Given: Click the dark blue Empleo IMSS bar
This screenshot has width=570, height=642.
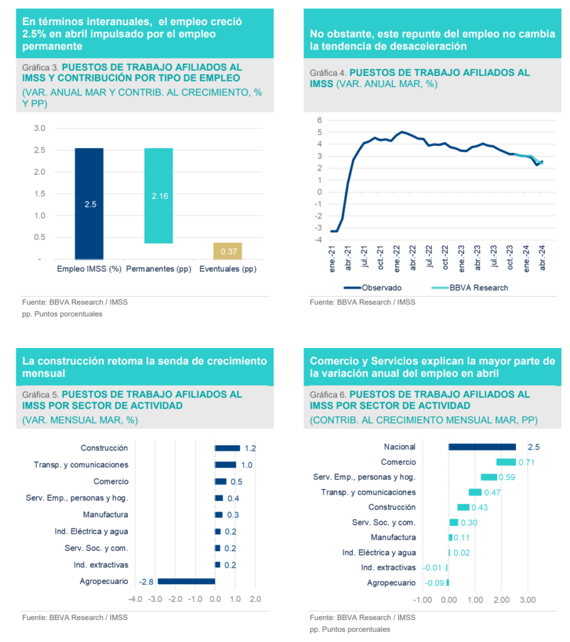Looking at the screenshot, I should click(x=89, y=203).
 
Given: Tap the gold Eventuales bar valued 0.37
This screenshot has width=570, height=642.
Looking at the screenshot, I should click(x=227, y=251).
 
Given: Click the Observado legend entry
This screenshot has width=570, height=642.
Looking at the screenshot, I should click(x=373, y=288).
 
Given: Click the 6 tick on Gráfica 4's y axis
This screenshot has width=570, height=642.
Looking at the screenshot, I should click(x=319, y=120).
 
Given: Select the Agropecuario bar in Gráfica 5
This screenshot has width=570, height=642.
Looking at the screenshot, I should click(x=186, y=581).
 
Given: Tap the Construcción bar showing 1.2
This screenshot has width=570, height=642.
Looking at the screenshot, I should click(x=227, y=448).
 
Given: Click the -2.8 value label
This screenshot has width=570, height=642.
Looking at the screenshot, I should click(x=147, y=581).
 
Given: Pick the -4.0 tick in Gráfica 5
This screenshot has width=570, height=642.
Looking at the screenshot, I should click(x=135, y=599).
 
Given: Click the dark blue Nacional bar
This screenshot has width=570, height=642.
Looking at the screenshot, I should click(x=482, y=447).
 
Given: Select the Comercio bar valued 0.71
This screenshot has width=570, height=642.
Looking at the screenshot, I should click(x=506, y=462).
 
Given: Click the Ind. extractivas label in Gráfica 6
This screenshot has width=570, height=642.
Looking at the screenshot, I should click(x=388, y=567).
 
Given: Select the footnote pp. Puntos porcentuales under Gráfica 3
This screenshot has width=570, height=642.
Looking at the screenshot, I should click(x=62, y=313).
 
